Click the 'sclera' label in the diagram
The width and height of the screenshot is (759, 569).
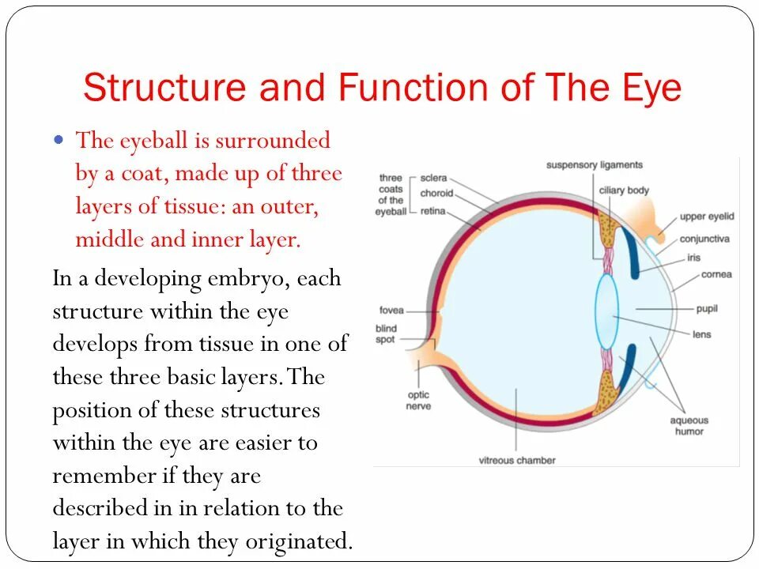(x=433, y=179)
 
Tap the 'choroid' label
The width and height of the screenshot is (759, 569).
(x=437, y=193)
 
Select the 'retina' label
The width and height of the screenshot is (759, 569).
(x=432, y=211)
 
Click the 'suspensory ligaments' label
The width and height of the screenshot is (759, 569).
(x=594, y=165)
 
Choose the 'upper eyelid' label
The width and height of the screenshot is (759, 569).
(x=706, y=216)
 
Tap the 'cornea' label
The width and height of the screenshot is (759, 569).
(x=716, y=275)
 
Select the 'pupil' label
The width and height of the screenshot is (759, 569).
(x=706, y=309)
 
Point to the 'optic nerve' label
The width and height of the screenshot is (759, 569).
(x=418, y=401)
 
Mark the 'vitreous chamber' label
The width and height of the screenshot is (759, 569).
(x=517, y=460)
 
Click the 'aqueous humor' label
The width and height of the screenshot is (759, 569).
(x=689, y=426)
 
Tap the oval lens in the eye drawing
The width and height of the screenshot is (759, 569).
(x=606, y=311)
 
